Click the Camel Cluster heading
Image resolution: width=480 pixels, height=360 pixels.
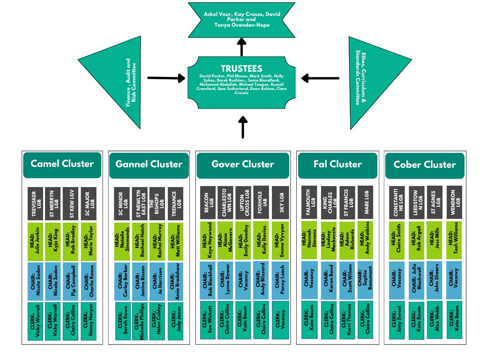[x=62, y=164]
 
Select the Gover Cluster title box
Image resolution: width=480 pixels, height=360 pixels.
[x=242, y=165]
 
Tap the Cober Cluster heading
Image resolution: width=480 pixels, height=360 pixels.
[x=425, y=165]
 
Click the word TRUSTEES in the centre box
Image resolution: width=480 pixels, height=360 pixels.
[x=241, y=68]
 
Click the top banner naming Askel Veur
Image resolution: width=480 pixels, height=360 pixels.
[x=242, y=20]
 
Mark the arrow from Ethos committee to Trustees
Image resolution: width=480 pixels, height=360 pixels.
[x=320, y=78]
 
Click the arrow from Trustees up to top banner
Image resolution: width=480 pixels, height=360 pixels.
[x=242, y=47]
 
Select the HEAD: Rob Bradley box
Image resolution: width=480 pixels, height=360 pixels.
[x=72, y=241]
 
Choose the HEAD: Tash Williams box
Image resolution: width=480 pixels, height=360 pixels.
[x=454, y=241]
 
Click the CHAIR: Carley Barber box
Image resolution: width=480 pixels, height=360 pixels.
[x=123, y=281]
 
